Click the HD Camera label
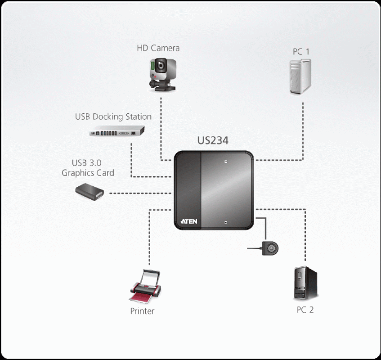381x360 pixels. click(x=158, y=48)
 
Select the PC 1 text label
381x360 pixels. click(x=301, y=52)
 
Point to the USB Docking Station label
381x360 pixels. click(x=113, y=117)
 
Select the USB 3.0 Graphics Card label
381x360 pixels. click(x=88, y=167)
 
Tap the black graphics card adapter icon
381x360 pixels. click(x=90, y=191)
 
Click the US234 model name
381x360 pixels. click(x=213, y=140)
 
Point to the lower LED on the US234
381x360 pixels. click(x=226, y=222)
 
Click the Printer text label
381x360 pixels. click(x=142, y=311)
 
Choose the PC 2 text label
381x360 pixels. click(x=305, y=310)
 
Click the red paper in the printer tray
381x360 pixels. click(x=140, y=297)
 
